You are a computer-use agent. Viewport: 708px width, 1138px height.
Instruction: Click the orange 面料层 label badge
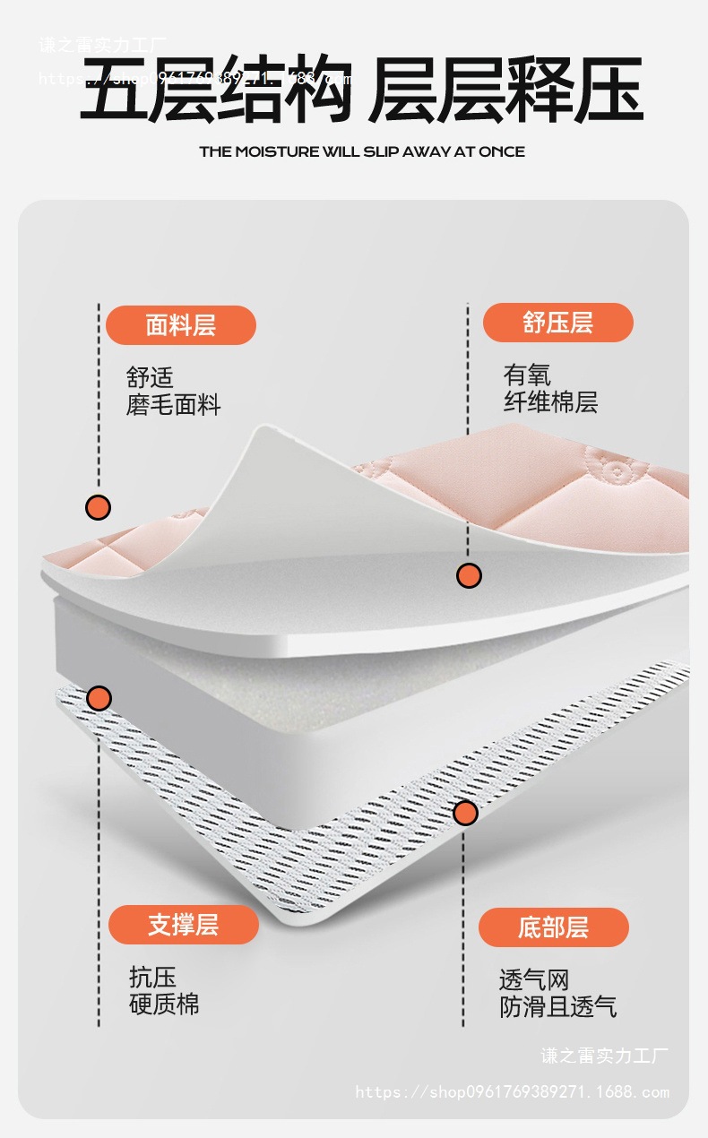181,324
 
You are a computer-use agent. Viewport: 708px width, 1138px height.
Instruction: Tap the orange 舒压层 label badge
557,323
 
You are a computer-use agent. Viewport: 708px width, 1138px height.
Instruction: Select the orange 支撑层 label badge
183,924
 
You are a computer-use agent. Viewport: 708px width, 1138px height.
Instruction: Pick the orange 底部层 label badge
553,927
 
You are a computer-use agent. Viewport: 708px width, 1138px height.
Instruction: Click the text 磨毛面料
173,405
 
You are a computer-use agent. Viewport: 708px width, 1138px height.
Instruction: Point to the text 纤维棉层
550,402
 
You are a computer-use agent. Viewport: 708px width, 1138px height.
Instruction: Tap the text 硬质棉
164,1004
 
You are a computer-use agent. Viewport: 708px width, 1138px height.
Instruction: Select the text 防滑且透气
557,1006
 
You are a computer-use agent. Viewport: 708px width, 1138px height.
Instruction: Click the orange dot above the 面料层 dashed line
98,507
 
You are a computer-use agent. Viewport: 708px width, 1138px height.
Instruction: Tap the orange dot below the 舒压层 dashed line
469,575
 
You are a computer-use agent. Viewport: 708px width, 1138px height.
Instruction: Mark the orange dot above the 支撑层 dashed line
99,698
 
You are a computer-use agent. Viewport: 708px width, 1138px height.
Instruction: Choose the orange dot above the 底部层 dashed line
464,813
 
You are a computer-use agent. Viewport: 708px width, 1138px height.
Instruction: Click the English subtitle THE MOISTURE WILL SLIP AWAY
361,151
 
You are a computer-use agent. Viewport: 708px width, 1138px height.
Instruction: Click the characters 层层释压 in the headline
506,89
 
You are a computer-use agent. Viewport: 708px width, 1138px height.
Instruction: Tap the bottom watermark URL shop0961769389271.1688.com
512,1091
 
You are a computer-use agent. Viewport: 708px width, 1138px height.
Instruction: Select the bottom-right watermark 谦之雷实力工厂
604,1056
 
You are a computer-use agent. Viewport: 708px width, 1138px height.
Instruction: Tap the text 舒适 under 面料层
150,377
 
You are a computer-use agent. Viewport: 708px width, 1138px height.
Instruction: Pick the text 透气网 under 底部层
534,979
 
